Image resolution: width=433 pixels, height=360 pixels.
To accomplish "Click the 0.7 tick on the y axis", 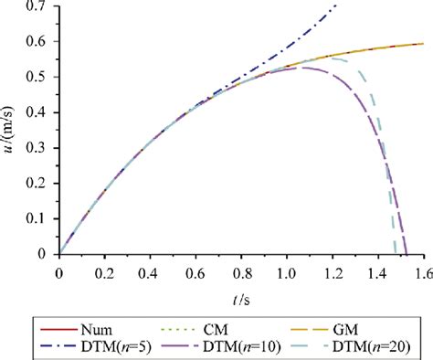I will pos(39,7).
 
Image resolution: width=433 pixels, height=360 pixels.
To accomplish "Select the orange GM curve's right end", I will pos(423,43).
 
